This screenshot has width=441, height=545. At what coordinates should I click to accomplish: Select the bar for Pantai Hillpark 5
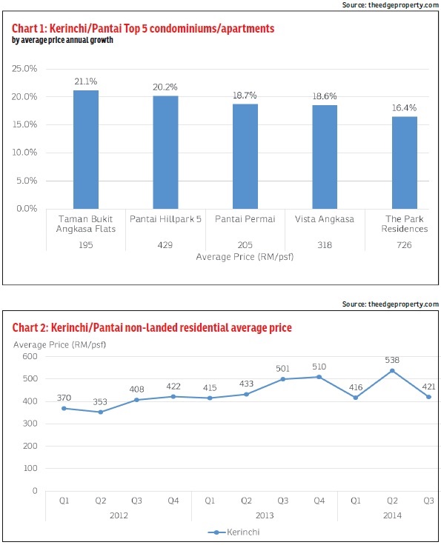coord(165,152)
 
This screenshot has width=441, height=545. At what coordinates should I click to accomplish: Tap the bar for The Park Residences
coord(405,162)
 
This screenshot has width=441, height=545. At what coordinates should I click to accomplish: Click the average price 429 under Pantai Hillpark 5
coord(165,244)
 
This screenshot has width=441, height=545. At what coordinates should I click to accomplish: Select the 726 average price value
coord(405,244)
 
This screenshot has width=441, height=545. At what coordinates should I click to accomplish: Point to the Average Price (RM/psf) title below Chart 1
coord(245,256)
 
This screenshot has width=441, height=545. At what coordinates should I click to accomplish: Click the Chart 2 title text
coord(151,327)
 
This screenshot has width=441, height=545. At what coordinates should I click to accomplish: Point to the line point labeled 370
coord(64,408)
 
